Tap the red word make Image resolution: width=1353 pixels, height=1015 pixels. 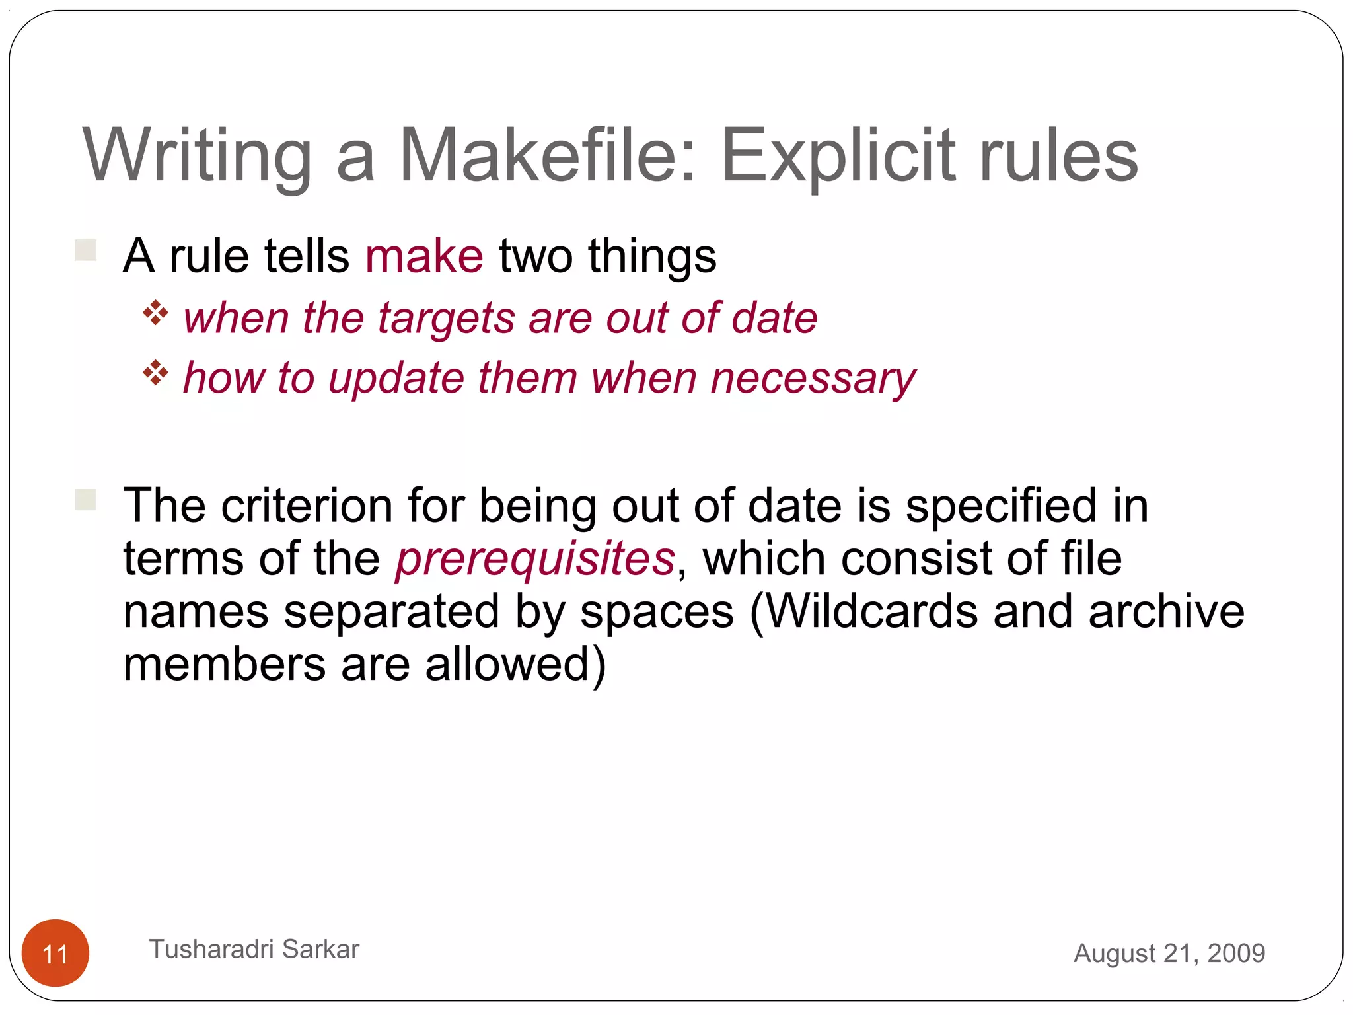[424, 256]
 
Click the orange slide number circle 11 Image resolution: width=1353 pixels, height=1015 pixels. [55, 953]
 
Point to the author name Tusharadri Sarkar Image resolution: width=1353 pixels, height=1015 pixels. [254, 949]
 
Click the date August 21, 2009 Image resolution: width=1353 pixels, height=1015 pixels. [1169, 953]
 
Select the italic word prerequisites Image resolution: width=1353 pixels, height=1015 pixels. [535, 559]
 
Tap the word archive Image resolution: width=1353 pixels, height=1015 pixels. [1166, 611]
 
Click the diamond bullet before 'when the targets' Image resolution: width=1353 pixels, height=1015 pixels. [155, 313]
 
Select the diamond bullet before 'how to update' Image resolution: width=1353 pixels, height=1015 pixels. [155, 373]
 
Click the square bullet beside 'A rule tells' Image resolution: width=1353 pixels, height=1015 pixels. [86, 250]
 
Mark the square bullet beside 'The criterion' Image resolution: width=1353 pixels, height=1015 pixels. [86, 500]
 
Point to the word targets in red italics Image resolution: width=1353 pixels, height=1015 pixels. [446, 319]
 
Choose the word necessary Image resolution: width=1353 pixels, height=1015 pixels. [813, 379]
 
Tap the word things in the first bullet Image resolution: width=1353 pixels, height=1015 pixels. [651, 256]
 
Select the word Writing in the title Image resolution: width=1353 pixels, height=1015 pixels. [197, 157]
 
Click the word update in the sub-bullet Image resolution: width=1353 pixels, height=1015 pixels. [396, 379]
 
